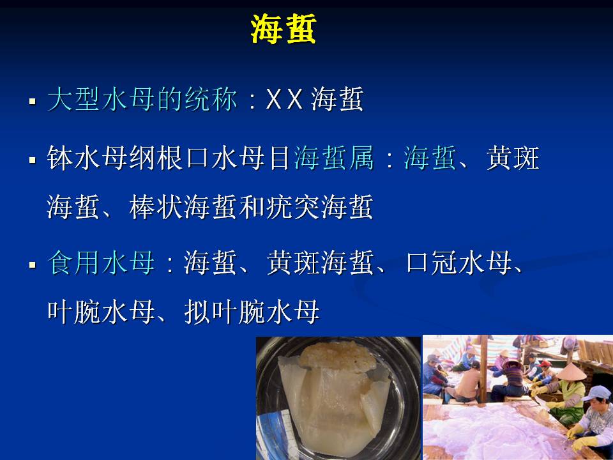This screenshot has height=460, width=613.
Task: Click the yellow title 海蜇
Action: click(283, 29)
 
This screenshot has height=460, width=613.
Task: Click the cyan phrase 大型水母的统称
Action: click(142, 98)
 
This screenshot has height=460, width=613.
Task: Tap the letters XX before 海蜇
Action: click(284, 98)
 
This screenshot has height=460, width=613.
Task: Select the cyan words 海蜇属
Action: click(333, 158)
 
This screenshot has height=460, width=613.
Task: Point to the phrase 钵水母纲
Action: click(102, 158)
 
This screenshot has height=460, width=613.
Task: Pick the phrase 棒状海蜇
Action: click(183, 207)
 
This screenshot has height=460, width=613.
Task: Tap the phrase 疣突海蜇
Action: click(319, 207)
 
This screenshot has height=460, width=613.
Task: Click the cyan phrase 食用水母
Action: click(102, 263)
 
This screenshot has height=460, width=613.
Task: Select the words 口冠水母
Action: click(458, 263)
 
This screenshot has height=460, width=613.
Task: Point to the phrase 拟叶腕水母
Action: click(252, 312)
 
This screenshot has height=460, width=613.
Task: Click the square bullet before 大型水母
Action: click(33, 102)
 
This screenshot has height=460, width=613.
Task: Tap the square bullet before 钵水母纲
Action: click(33, 160)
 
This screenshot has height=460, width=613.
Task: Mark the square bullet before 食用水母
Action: click(33, 264)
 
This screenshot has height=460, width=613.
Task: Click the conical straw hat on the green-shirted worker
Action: click(571, 372)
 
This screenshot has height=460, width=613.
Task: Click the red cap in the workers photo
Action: click(545, 364)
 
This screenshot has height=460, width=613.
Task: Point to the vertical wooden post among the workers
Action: click(484, 369)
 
